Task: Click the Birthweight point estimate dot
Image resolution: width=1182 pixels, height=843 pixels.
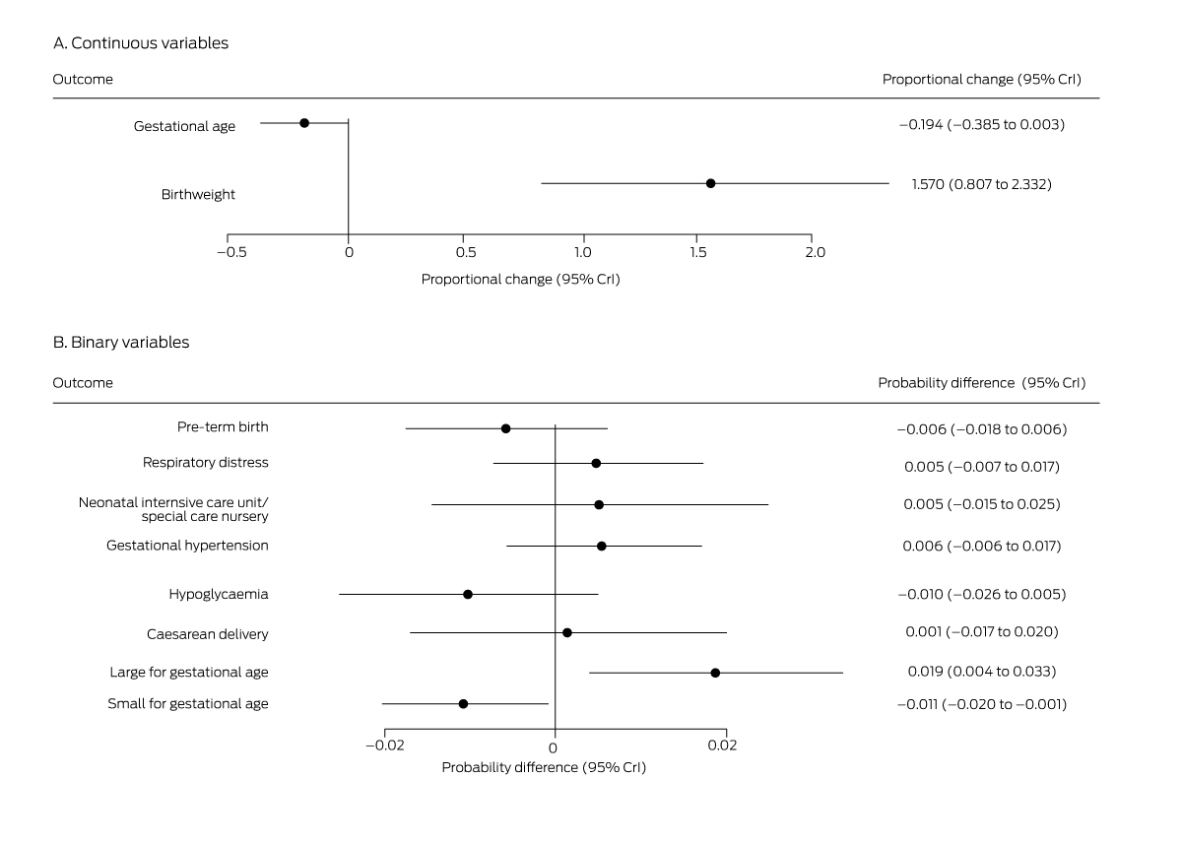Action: coord(710,183)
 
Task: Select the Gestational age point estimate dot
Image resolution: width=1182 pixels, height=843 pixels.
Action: coord(304,123)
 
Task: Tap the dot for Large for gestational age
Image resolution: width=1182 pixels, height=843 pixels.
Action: coord(715,673)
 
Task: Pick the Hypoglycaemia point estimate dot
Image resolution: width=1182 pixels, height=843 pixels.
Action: coord(468,594)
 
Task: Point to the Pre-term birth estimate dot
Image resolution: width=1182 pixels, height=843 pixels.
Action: coord(505,428)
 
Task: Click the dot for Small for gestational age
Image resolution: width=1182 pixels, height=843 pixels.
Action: coord(463,704)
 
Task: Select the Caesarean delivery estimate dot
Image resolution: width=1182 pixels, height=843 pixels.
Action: coord(566,632)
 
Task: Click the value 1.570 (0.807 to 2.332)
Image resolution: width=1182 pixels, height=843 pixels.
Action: coord(981,184)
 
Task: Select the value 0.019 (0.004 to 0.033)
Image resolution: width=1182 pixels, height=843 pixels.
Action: coord(981,672)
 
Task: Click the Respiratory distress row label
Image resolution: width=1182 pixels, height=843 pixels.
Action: coord(205,463)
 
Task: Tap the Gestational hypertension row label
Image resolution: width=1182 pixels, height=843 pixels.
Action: coord(187,546)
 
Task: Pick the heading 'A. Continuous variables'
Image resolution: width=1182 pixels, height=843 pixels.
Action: coord(141,43)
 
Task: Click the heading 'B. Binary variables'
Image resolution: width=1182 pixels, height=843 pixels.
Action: coord(121,343)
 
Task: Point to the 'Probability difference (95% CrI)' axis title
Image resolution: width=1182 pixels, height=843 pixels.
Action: coord(544,768)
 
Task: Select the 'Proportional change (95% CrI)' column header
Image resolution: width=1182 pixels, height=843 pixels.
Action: coord(981,80)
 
